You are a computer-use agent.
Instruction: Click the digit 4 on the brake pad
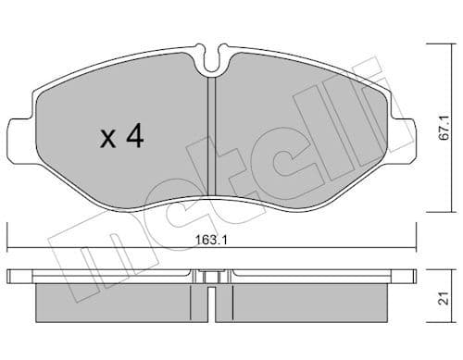134,138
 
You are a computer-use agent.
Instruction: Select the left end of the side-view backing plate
11,275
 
